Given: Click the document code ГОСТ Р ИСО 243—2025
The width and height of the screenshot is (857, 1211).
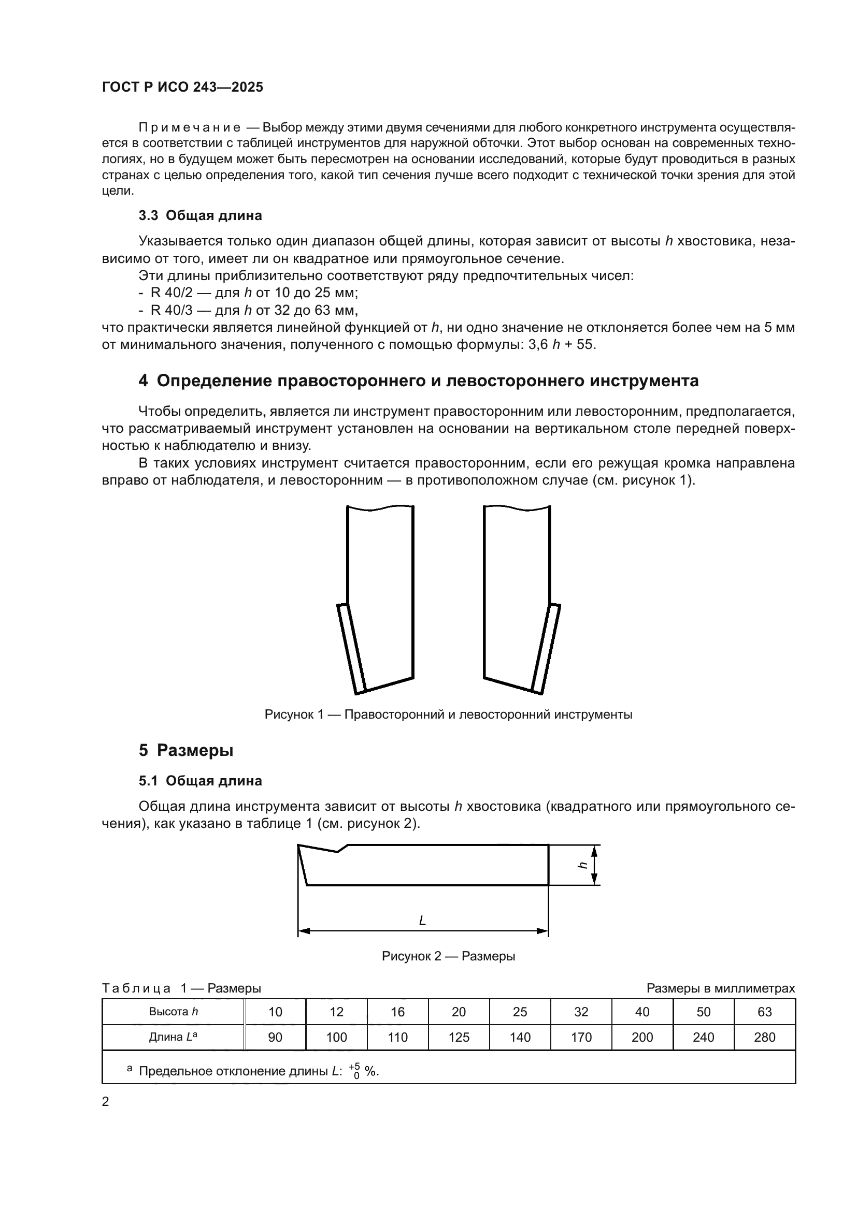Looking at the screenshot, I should tap(182, 87).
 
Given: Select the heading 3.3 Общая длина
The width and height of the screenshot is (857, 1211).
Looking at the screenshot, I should tap(200, 216).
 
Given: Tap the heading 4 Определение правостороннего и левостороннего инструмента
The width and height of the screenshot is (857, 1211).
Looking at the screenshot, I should tap(419, 381).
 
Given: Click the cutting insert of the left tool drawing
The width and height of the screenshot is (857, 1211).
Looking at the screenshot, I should tap(351, 648).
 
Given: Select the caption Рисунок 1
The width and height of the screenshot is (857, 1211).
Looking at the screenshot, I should tap(448, 714).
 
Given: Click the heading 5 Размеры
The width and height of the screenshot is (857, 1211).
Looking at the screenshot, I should tap(186, 750).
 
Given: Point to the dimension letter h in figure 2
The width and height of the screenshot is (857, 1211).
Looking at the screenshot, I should tap(583, 866).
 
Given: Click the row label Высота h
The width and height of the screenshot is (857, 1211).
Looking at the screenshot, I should tap(173, 1011).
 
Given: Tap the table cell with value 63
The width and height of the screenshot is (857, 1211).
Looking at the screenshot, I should tap(764, 1012).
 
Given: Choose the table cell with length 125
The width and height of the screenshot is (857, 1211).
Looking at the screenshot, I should tap(459, 1038).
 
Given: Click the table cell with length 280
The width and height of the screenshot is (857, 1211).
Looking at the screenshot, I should tap(764, 1038).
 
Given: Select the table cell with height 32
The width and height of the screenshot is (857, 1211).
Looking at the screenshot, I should tap(581, 1012).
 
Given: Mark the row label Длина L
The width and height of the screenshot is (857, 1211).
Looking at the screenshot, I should tap(173, 1037).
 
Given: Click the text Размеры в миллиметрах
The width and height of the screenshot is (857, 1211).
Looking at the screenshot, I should tap(720, 988).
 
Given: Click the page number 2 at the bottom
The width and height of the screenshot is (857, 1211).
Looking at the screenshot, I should tap(106, 1102).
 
